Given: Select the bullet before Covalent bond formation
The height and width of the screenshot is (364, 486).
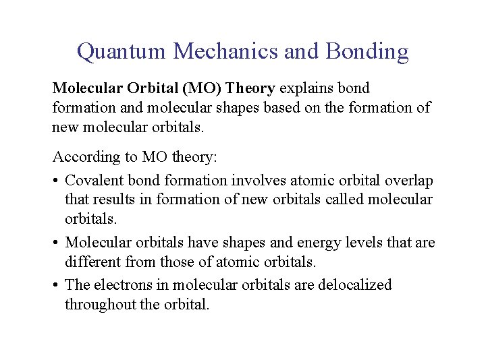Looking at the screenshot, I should (x=57, y=181).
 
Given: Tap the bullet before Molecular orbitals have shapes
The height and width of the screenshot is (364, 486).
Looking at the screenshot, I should (x=57, y=243).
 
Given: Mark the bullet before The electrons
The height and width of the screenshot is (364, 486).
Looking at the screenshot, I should (x=57, y=285).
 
